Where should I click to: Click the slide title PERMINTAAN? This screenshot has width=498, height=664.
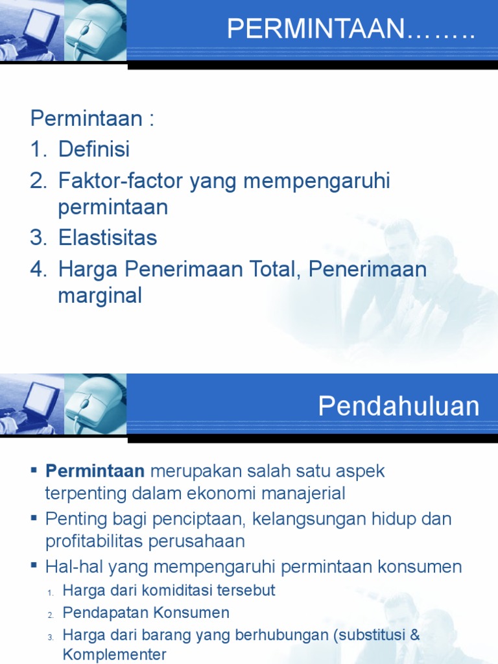(316, 30)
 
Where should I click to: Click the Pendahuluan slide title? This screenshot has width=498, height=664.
(399, 407)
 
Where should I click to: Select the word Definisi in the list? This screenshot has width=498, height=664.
(94, 149)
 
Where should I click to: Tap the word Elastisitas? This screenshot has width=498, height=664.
(108, 237)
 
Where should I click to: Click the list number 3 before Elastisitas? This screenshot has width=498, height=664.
(37, 237)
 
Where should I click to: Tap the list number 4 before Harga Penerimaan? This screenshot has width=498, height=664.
(37, 268)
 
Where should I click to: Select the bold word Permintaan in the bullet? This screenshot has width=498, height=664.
(95, 471)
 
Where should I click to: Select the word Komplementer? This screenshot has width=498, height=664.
(114, 654)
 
